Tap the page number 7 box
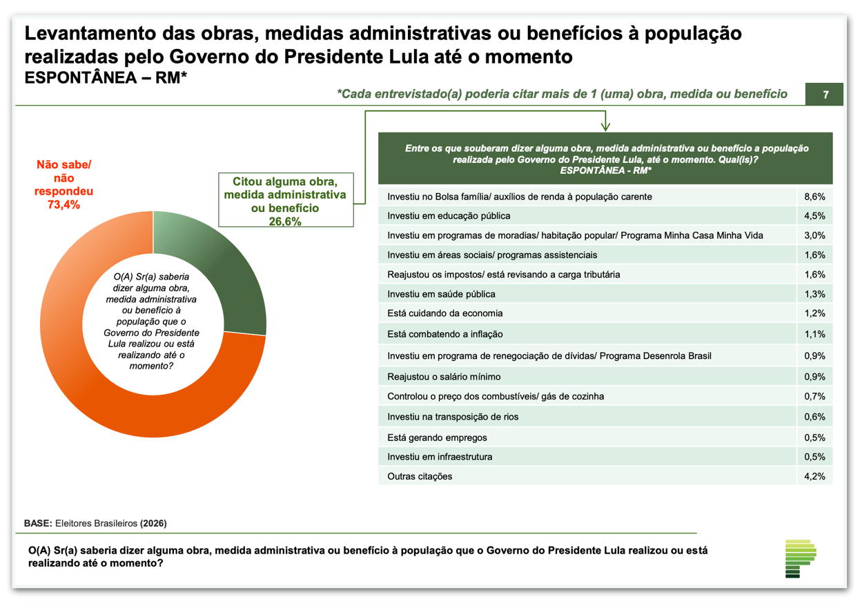click(825, 95)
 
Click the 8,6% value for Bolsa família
click(814, 197)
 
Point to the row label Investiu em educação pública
click(449, 216)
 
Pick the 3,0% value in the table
click(814, 235)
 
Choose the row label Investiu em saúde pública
click(441, 294)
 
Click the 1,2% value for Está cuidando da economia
click(814, 313)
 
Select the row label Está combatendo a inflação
click(445, 334)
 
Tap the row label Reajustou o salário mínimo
click(444, 377)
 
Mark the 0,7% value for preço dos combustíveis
click(814, 396)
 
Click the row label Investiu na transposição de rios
click(453, 417)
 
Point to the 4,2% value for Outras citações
click(814, 476)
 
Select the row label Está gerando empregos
click(437, 438)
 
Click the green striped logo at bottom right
click(801, 558)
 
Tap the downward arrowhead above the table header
click(605, 126)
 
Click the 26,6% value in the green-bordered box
click(285, 222)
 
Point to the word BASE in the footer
click(37, 523)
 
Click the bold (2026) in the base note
click(153, 523)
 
